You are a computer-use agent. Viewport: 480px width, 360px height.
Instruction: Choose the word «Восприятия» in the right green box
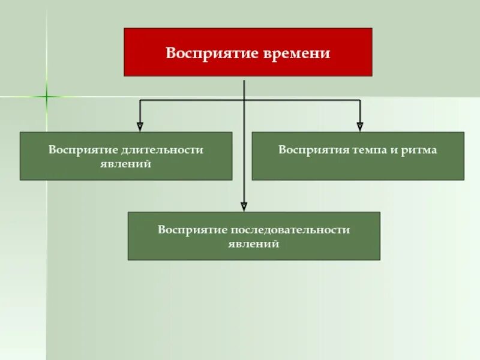310,149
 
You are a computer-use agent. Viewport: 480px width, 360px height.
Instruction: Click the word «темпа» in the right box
369,149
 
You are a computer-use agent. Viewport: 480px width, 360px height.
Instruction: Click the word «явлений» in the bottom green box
254,244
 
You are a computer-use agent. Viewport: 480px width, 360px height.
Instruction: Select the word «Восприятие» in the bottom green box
192,230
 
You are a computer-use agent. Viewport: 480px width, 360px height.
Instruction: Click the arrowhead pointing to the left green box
140,127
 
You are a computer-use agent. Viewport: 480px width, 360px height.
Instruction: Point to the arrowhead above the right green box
360,127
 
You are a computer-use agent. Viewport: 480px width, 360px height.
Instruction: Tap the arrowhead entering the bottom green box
244,206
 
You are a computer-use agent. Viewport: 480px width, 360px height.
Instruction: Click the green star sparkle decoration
46,96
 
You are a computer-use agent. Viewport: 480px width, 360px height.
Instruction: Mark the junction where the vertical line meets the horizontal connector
244,100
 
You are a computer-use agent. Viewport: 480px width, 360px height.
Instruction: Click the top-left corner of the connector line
140,100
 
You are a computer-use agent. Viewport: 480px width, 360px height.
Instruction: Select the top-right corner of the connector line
360,100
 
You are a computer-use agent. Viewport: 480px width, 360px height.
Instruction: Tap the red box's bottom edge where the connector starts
244,76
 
